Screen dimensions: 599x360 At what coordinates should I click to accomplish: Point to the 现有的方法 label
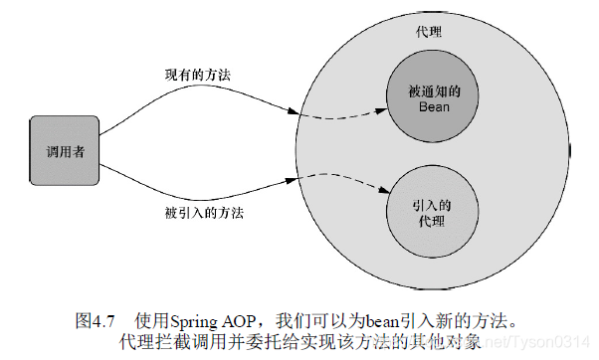[x=197, y=76]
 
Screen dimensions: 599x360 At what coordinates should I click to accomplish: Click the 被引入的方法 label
[x=204, y=212]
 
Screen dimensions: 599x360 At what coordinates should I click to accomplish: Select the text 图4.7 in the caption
[x=97, y=321]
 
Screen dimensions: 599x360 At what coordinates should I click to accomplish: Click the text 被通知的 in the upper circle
[x=430, y=88]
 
